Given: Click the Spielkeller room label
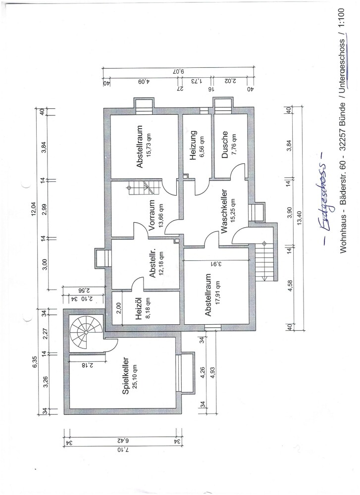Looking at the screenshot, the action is coord(125,375).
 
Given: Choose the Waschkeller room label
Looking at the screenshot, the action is coord(224,211).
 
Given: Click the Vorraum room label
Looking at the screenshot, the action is coord(151,216).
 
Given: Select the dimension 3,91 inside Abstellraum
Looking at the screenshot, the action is coord(215,264).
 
